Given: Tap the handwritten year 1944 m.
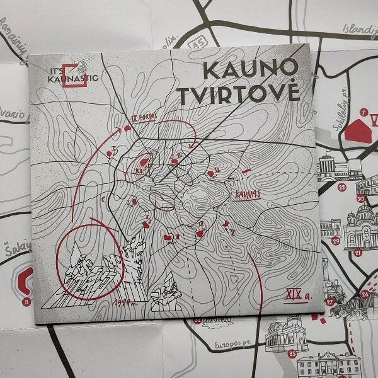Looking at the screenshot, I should click(123, 304).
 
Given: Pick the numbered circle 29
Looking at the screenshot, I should click(336, 241).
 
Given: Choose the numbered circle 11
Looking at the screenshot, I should click(26, 302).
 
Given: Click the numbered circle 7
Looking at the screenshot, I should click(362, 112).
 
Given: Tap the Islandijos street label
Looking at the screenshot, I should click(357, 30).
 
